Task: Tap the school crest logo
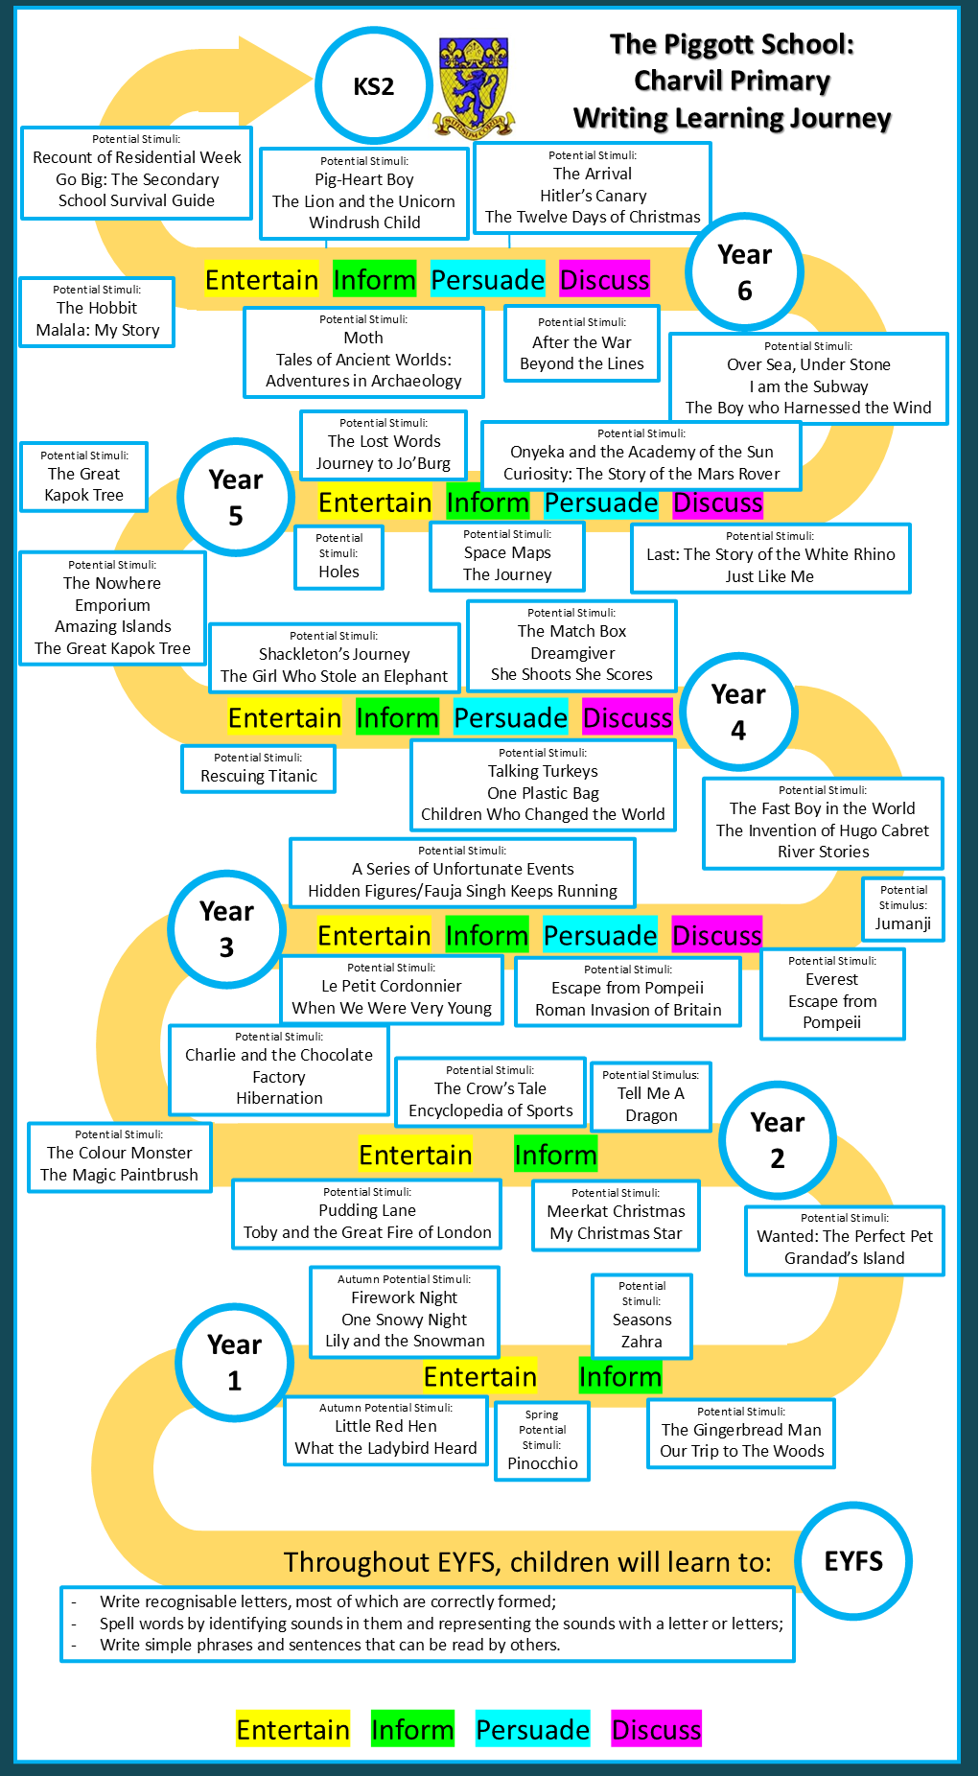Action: click(473, 88)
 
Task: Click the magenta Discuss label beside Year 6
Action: click(604, 279)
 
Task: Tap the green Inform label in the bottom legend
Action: click(412, 1729)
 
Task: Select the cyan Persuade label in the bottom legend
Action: click(532, 1729)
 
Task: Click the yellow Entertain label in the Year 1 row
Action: click(480, 1376)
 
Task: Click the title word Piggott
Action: click(733, 44)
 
